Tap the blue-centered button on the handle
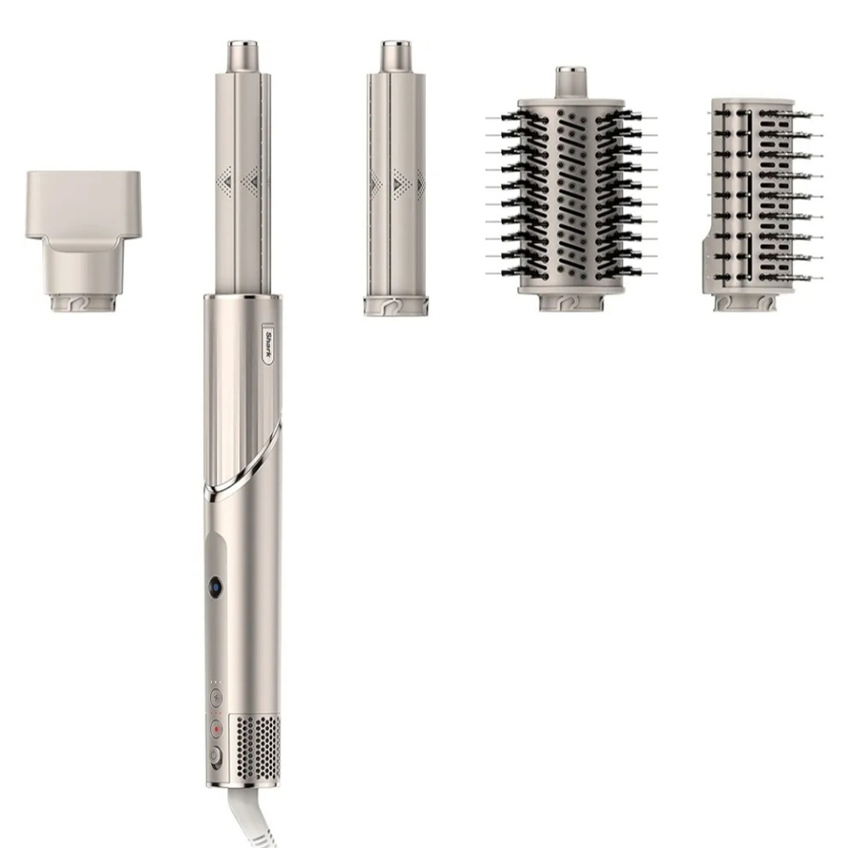point(215,588)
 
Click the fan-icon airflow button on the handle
point(216,697)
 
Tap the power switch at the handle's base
point(215,756)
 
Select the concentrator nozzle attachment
point(83,242)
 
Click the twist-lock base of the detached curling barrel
point(396,305)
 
